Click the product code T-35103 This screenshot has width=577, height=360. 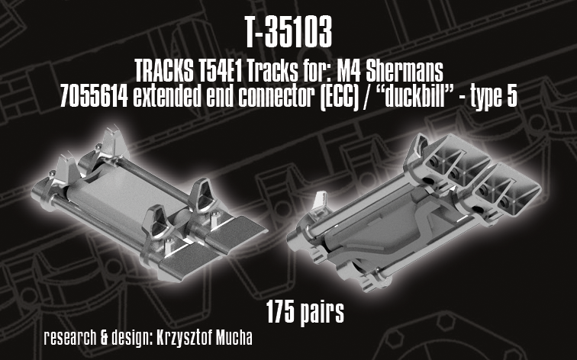(288, 32)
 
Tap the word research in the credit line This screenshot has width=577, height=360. (70, 338)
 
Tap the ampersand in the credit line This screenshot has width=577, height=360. (105, 338)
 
